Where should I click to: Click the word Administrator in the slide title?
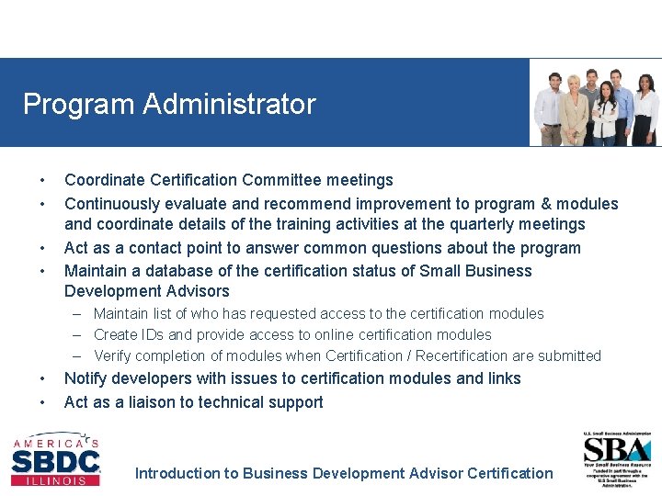229,104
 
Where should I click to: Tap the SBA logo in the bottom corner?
616,458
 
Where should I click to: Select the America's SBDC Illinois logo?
55,459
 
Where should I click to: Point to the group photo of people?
596,103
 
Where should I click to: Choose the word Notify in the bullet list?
86,378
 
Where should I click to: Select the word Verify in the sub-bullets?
114,356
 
